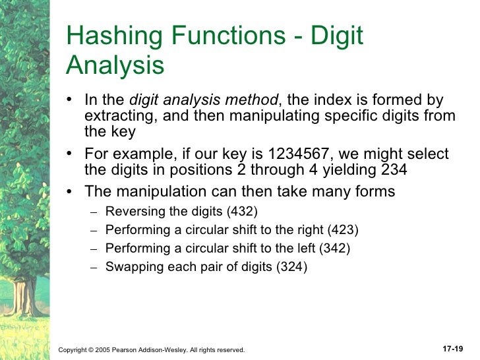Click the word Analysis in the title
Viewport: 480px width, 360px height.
115,66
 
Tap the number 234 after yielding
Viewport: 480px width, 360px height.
393,169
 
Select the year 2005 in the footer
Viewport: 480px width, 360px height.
102,349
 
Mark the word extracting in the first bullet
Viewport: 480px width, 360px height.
115,116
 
